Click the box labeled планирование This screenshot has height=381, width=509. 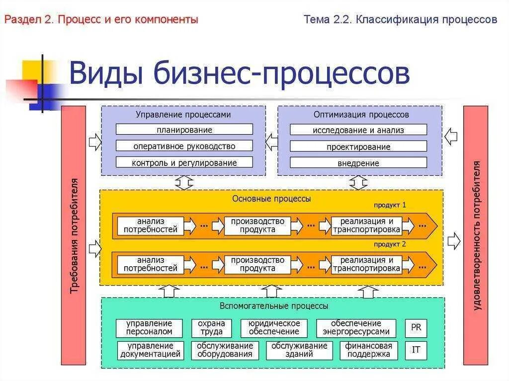click(184, 130)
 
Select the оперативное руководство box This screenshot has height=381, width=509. click(184, 146)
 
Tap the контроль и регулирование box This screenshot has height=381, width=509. click(184, 162)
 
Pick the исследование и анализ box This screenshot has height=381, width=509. click(358, 130)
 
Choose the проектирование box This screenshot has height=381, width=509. click(358, 147)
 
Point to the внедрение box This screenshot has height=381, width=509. click(358, 163)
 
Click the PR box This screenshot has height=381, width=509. click(416, 327)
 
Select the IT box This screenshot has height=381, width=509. click(416, 350)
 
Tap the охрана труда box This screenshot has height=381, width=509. click(211, 328)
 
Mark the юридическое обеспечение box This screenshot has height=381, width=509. click(274, 328)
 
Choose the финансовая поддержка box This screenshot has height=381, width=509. click(369, 350)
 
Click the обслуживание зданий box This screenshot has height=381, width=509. click(299, 350)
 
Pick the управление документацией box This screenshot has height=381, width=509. click(150, 350)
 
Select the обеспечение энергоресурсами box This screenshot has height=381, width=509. click(356, 328)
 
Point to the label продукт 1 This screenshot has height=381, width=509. click(390, 205)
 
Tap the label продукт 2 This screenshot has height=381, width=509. click(390, 244)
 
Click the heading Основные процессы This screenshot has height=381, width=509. click(271, 199)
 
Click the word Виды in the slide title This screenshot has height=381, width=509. click(105, 74)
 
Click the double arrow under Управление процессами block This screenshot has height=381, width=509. click(184, 182)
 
